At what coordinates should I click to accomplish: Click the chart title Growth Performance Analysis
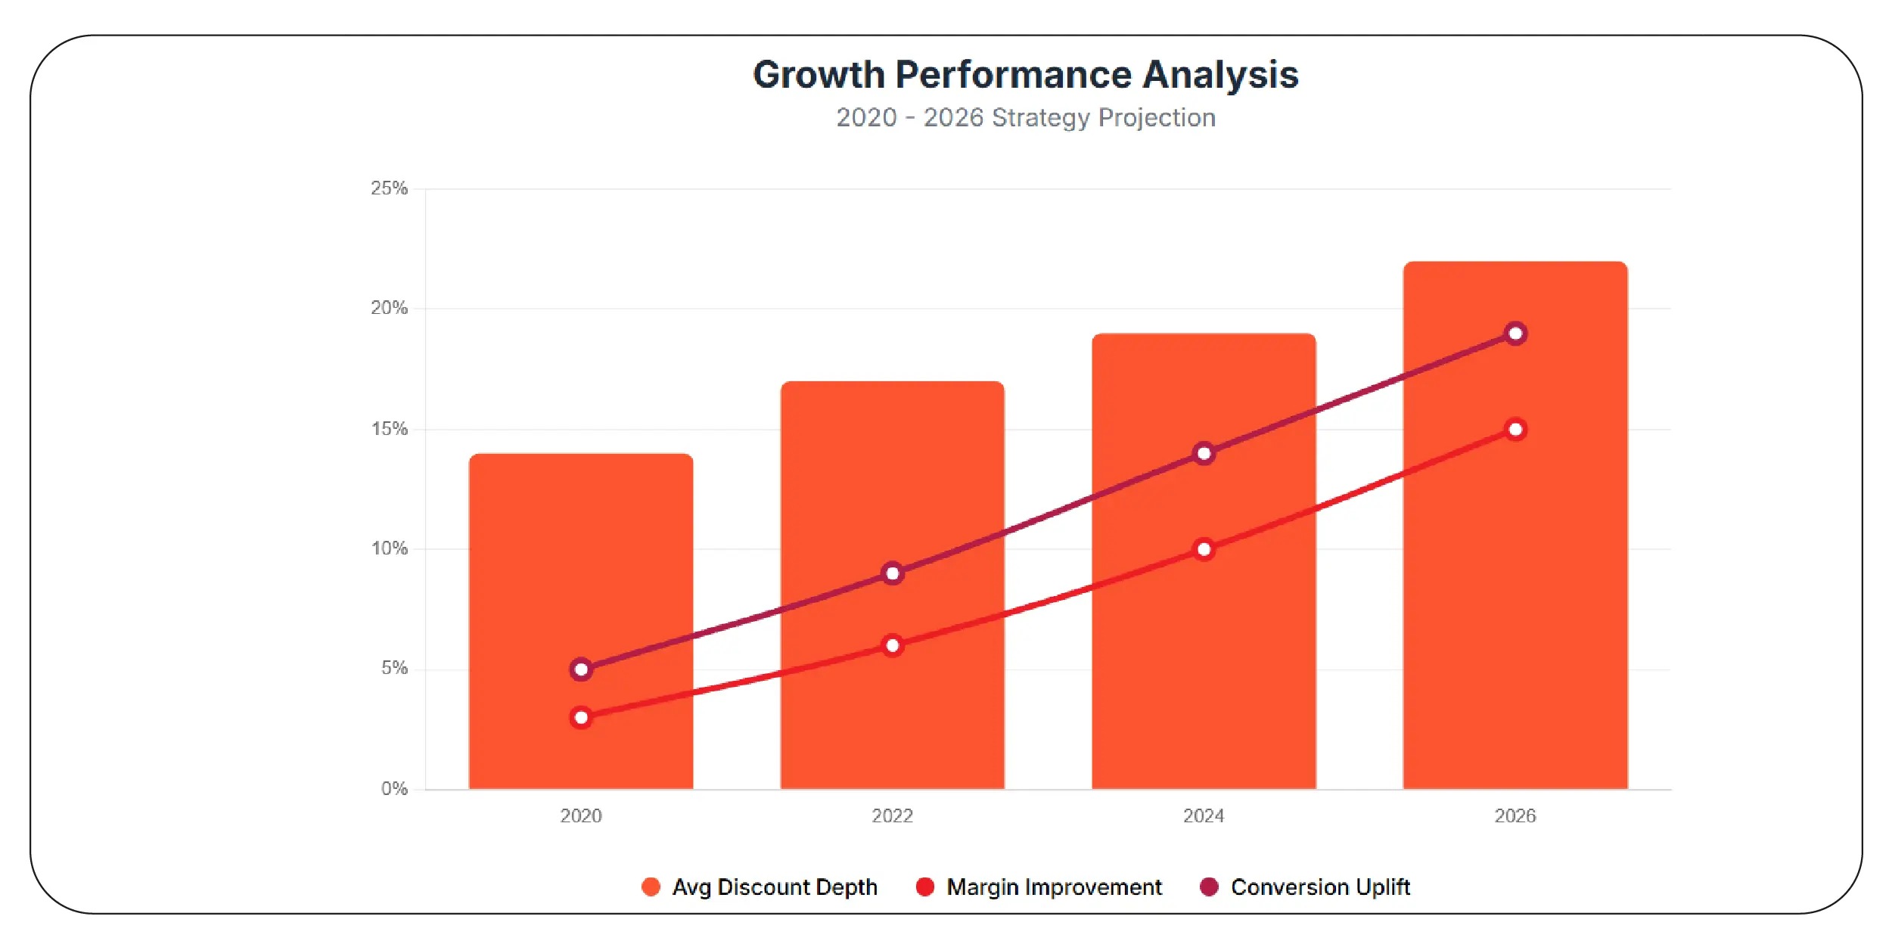pos(1025,75)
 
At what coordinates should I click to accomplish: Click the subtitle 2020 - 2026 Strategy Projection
pos(1025,118)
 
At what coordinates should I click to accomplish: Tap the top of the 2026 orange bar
pos(1515,263)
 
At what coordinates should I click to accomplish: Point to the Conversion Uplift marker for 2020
pos(580,669)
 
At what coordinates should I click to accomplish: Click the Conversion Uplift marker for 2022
pos(892,573)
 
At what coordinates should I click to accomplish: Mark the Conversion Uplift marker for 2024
pos(1204,454)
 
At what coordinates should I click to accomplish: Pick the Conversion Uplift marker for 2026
pos(1515,334)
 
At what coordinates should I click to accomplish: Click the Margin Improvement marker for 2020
pos(580,717)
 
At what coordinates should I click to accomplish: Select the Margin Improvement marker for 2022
pos(892,645)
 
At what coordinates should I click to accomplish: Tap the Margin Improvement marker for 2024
pos(1204,549)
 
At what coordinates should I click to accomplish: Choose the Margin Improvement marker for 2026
pos(1515,430)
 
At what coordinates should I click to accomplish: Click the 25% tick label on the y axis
pos(389,188)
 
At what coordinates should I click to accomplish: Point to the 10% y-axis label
pos(389,548)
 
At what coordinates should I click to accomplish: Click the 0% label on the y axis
pos(394,789)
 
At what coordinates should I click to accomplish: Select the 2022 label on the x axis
pos(892,816)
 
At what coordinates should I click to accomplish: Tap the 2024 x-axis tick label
pos(1204,816)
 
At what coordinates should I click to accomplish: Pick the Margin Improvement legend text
pos(1053,887)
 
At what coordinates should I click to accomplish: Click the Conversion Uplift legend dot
pos(1209,887)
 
